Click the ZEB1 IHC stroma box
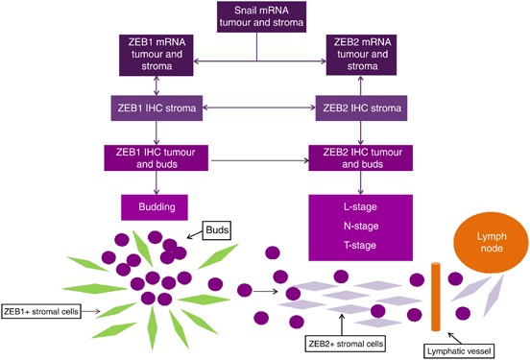click(x=153, y=110)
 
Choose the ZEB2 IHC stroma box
click(x=358, y=110)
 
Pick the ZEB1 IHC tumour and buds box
click(x=153, y=157)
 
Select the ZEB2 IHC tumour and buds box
click(x=358, y=157)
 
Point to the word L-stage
click(x=358, y=207)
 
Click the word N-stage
click(x=358, y=226)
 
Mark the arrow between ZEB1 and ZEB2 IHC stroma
click(x=256, y=110)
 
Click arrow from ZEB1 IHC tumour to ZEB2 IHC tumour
click(x=256, y=157)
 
